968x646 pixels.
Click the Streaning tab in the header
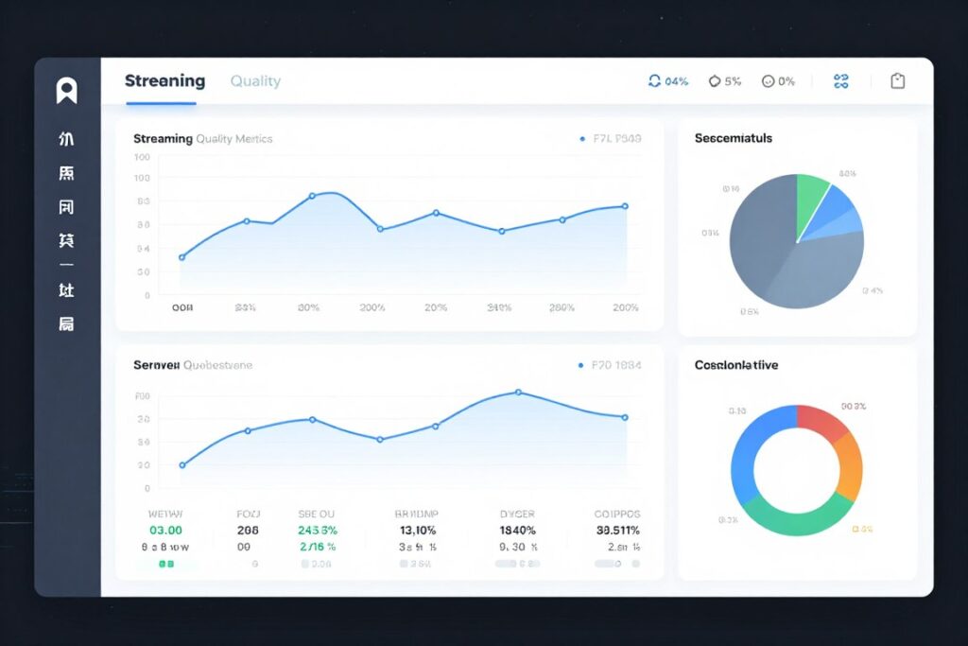(x=164, y=81)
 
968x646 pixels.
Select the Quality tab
(x=255, y=81)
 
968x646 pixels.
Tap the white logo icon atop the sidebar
(x=66, y=91)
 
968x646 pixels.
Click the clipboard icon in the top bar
(x=897, y=81)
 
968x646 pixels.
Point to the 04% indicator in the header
(x=668, y=81)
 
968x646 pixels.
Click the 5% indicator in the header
(x=725, y=81)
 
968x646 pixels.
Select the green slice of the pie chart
(x=810, y=197)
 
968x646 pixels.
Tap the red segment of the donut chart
(x=823, y=423)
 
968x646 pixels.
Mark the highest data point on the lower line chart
(x=518, y=392)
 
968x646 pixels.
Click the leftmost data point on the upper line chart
(x=182, y=257)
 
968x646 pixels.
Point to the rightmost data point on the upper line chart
(x=625, y=206)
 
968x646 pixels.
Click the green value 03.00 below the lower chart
(x=165, y=531)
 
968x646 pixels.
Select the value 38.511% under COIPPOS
(x=617, y=531)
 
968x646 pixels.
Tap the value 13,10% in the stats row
(x=417, y=531)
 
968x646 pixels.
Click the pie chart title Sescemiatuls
(x=733, y=138)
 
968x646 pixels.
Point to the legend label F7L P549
(x=616, y=139)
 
